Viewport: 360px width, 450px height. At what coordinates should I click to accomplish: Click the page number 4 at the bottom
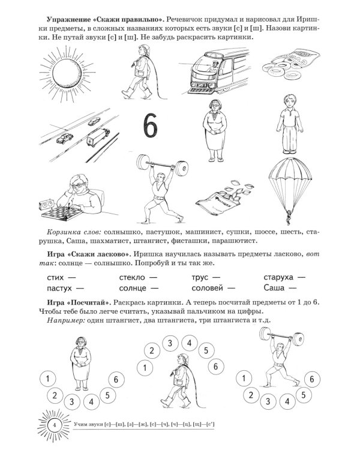[x=54, y=426]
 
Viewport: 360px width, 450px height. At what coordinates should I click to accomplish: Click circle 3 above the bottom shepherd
[x=170, y=343]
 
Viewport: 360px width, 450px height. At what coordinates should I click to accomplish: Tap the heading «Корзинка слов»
[x=73, y=231]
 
